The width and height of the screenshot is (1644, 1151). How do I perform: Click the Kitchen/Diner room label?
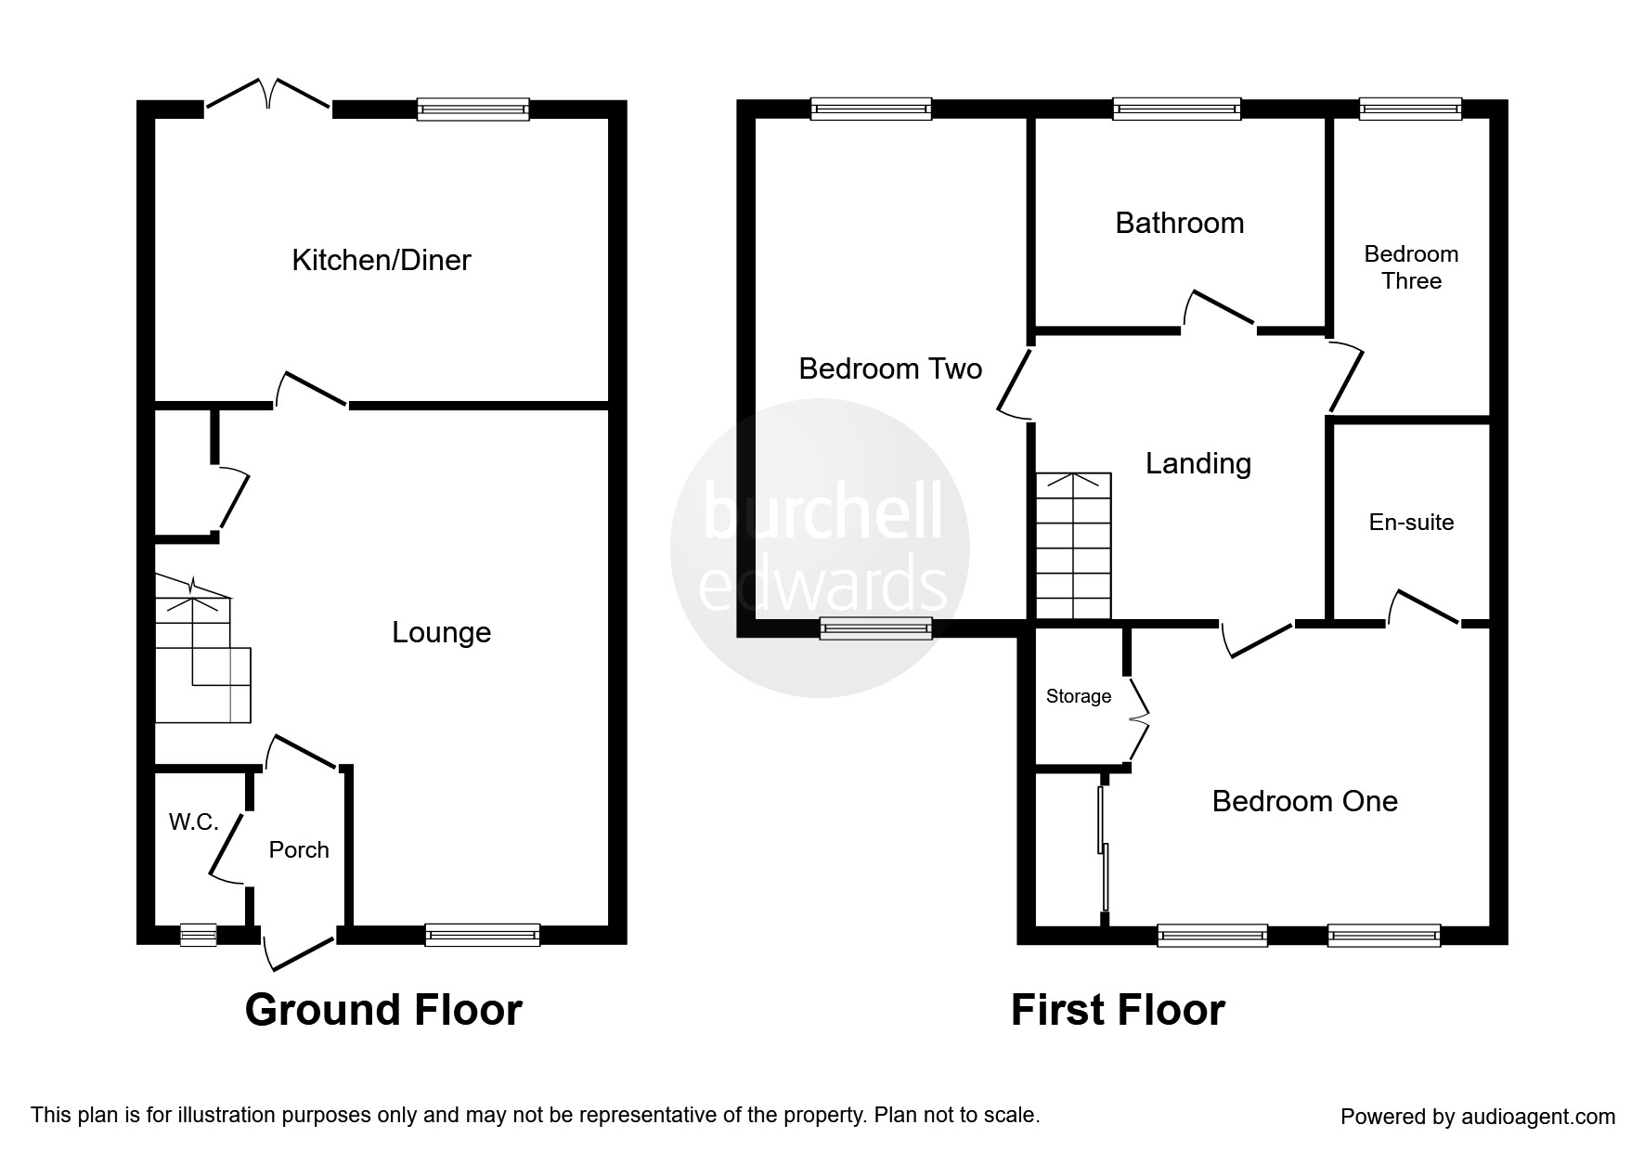(x=382, y=260)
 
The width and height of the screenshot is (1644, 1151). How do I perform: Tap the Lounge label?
(x=441, y=632)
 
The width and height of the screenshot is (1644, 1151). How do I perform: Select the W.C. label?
(x=193, y=821)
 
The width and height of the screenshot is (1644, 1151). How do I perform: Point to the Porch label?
(x=299, y=849)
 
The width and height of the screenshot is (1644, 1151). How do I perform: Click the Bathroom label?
(x=1179, y=223)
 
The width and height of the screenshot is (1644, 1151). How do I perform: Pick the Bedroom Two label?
(x=890, y=369)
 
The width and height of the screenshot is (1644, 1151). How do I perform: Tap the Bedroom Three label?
(x=1411, y=267)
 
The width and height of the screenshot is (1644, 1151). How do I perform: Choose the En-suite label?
(x=1411, y=523)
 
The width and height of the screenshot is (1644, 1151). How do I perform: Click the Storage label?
(x=1079, y=696)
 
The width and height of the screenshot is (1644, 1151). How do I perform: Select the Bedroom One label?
(x=1305, y=801)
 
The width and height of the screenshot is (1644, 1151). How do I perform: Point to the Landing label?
(x=1198, y=463)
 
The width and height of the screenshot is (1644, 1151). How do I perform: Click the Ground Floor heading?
(x=383, y=1010)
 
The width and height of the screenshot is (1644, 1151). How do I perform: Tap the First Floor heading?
(x=1118, y=1010)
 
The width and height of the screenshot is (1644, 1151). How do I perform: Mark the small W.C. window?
(x=198, y=934)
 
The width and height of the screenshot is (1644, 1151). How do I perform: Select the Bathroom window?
(x=1177, y=110)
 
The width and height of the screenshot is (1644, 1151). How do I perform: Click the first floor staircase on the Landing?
(x=1074, y=546)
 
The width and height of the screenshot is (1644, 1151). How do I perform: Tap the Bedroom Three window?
(x=1411, y=109)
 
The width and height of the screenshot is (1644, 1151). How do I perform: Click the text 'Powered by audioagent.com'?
(x=1478, y=1117)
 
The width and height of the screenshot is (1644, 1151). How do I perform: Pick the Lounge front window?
(x=483, y=935)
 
